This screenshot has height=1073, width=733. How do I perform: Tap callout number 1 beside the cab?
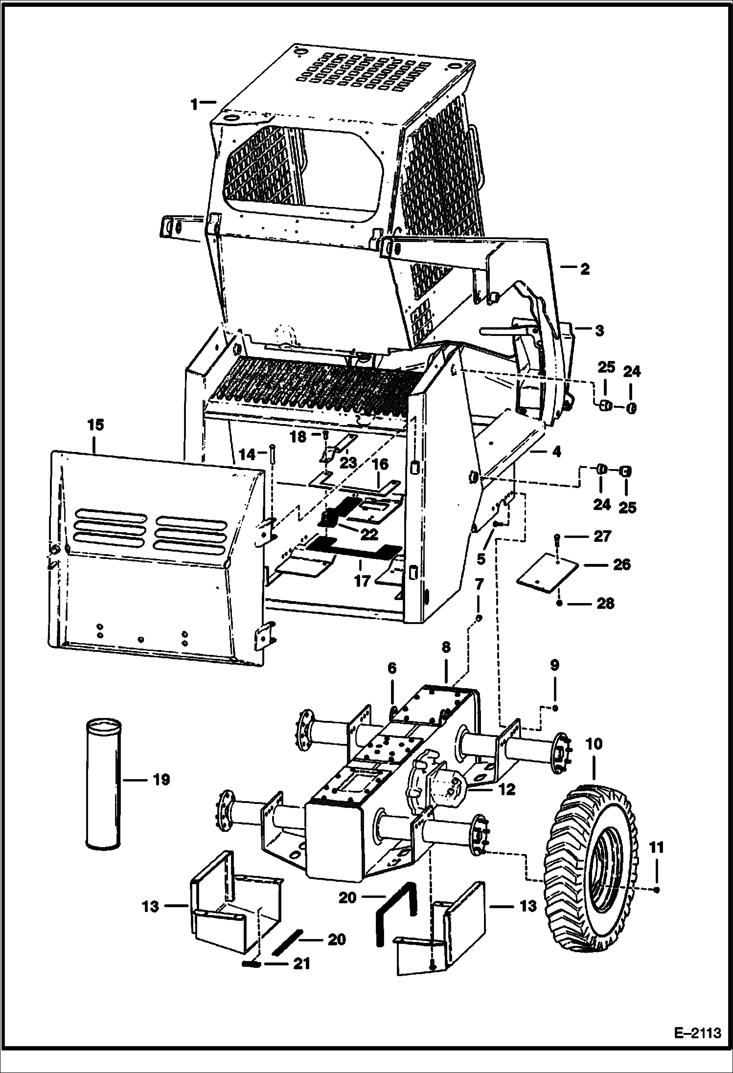tap(195, 104)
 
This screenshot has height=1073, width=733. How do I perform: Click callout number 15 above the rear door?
tap(96, 425)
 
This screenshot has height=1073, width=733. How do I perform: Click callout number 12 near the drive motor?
tap(507, 789)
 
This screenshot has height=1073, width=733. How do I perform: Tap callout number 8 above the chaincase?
tap(445, 648)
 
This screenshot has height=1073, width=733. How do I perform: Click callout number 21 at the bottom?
tap(301, 963)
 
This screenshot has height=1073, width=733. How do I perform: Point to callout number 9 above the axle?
tap(554, 666)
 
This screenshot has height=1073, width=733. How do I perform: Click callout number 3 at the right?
tap(599, 330)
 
